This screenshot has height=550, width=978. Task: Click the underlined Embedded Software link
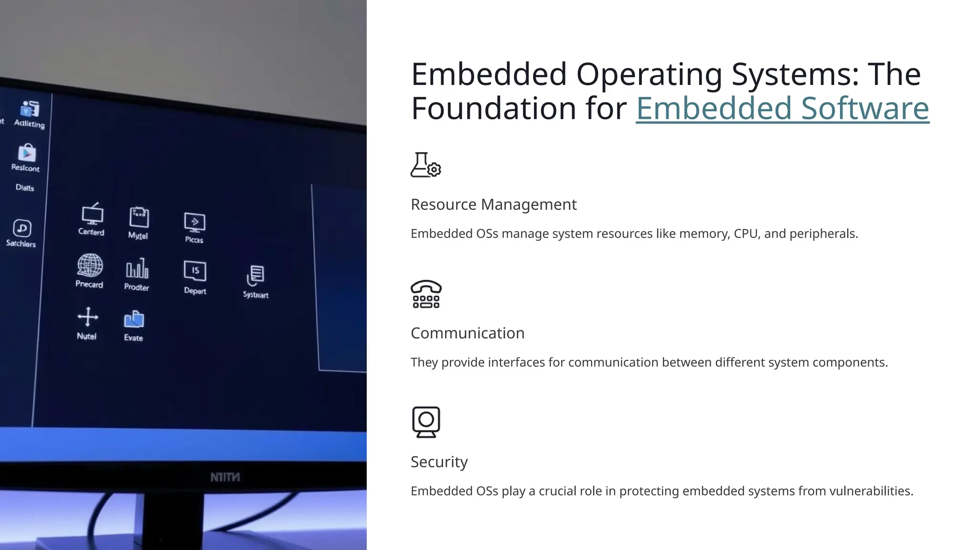click(x=782, y=108)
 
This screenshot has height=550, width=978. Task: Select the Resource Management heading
click(x=493, y=204)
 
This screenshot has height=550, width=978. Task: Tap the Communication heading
click(x=467, y=333)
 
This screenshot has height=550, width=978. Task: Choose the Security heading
click(x=439, y=462)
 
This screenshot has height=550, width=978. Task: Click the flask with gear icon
click(x=425, y=165)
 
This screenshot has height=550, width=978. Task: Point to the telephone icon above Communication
click(x=426, y=294)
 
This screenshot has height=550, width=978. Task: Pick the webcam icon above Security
click(x=426, y=422)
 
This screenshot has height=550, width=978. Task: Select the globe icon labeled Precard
click(x=90, y=265)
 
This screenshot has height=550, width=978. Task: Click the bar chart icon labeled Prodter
click(x=137, y=269)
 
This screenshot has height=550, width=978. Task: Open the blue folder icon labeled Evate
click(x=134, y=319)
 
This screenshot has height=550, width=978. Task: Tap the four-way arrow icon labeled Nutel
click(x=88, y=317)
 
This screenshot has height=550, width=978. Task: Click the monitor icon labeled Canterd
click(x=92, y=214)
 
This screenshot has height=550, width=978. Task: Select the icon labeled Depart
click(x=195, y=271)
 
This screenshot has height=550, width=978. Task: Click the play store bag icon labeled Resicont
click(x=27, y=153)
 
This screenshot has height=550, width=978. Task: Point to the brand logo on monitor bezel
click(x=225, y=477)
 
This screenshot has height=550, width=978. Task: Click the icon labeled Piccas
click(x=194, y=222)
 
